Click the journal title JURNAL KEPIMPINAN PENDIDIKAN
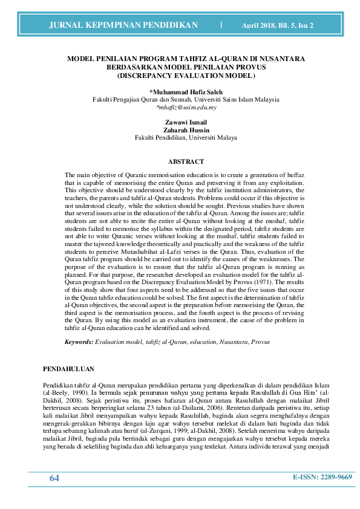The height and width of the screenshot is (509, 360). pos(123,25)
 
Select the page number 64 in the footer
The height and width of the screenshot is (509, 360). pos(54,478)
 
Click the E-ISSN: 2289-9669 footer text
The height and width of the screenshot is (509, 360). pos(322,477)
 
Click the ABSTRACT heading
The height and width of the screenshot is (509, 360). pos(186,161)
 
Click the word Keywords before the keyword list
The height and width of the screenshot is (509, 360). pos(79,342)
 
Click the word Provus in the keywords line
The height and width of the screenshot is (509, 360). pos(260,342)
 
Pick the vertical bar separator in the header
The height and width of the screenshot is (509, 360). pos(221,25)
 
